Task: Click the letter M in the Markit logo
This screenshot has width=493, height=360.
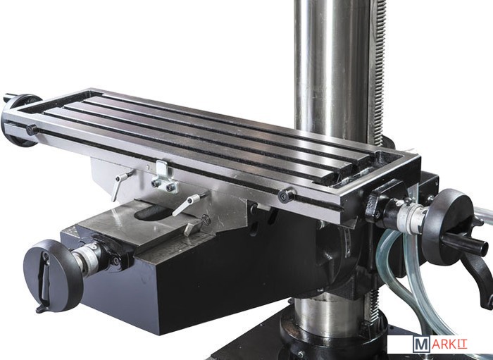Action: (x=421, y=345)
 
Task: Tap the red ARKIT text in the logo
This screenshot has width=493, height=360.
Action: (x=449, y=344)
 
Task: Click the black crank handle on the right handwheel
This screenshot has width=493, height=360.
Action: (x=466, y=243)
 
